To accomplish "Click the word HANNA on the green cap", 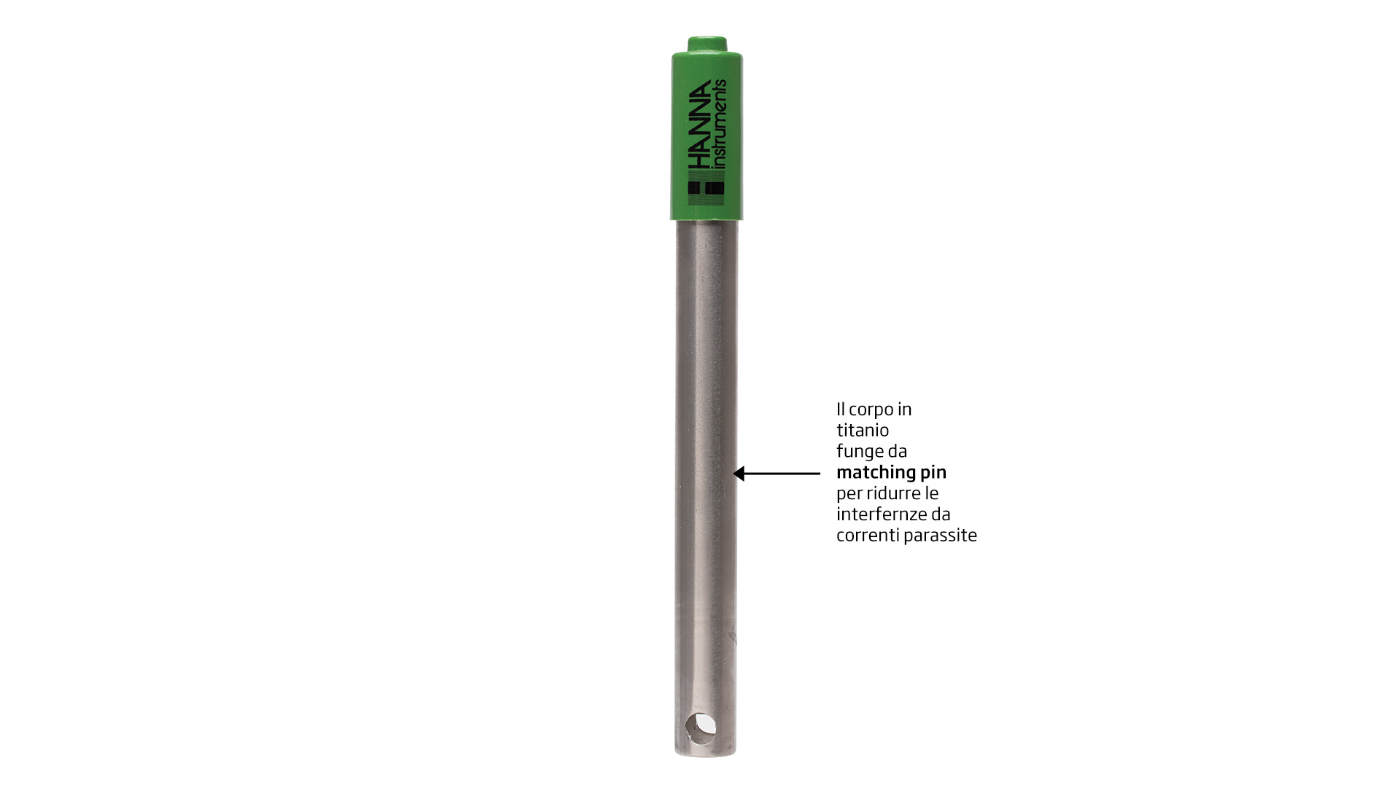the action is [699, 125].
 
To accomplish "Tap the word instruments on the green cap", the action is [719, 124].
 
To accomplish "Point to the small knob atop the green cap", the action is [707, 44].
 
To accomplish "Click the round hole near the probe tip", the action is [701, 729].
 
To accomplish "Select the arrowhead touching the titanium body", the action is [739, 474].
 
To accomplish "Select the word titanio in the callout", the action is [863, 430].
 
